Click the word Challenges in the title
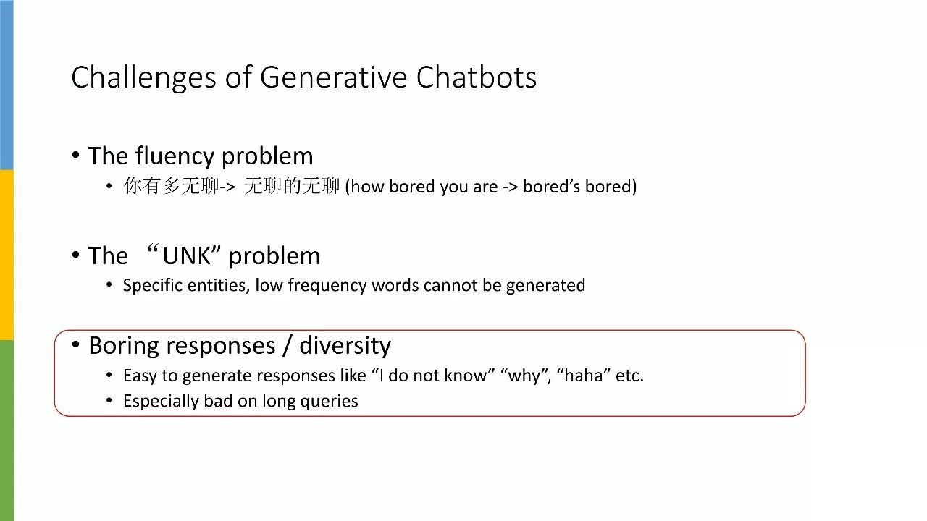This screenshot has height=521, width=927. coord(143,78)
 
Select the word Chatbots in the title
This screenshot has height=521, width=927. coord(477,77)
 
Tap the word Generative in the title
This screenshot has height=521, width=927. coord(334,77)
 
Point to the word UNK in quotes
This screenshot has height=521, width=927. coord(186,256)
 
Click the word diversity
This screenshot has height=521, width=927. coord(345,346)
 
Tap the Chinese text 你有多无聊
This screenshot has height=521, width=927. coord(171,186)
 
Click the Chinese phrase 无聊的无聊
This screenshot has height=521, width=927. coord(292,186)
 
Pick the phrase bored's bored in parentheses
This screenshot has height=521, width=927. coord(577,187)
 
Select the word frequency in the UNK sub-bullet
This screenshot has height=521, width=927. coord(327,286)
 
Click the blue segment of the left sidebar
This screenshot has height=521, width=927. coord(7,85)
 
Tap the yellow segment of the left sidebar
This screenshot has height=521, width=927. coord(7,255)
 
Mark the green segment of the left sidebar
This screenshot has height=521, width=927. coord(7,431)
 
